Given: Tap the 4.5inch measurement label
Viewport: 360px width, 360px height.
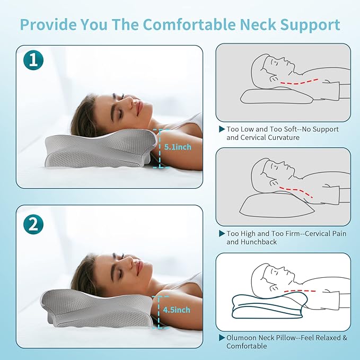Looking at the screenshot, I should pyautogui.click(x=176, y=309).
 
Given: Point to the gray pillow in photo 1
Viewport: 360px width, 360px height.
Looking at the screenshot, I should pyautogui.click(x=101, y=151).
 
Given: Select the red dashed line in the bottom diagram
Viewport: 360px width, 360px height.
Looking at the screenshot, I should pyautogui.click(x=302, y=291).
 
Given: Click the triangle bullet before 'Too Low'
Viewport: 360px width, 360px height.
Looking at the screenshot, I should pyautogui.click(x=222, y=129).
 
